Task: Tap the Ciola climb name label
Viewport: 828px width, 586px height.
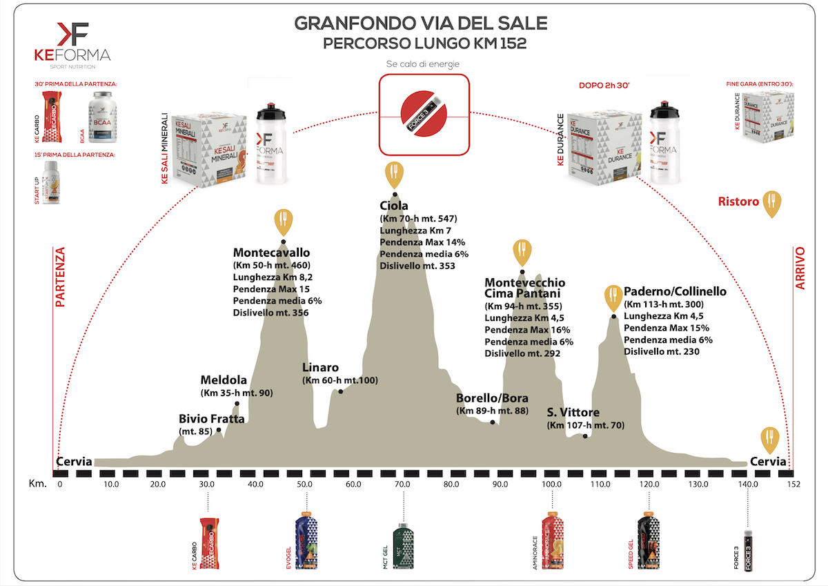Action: [394, 206]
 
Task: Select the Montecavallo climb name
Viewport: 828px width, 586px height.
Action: [271, 253]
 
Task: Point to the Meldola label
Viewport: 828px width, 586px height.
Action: [224, 381]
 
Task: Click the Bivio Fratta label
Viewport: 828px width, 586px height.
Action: [207, 419]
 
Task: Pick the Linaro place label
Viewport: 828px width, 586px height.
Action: [321, 368]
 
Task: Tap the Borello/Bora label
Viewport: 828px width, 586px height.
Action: [492, 398]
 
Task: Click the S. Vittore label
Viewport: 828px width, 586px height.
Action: [573, 413]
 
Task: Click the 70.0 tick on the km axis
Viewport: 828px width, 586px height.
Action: [402, 485]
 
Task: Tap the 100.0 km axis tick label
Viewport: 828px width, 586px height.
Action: [551, 485]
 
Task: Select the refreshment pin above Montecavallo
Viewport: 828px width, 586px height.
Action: [283, 220]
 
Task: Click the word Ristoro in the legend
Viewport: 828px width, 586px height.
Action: [738, 202]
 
